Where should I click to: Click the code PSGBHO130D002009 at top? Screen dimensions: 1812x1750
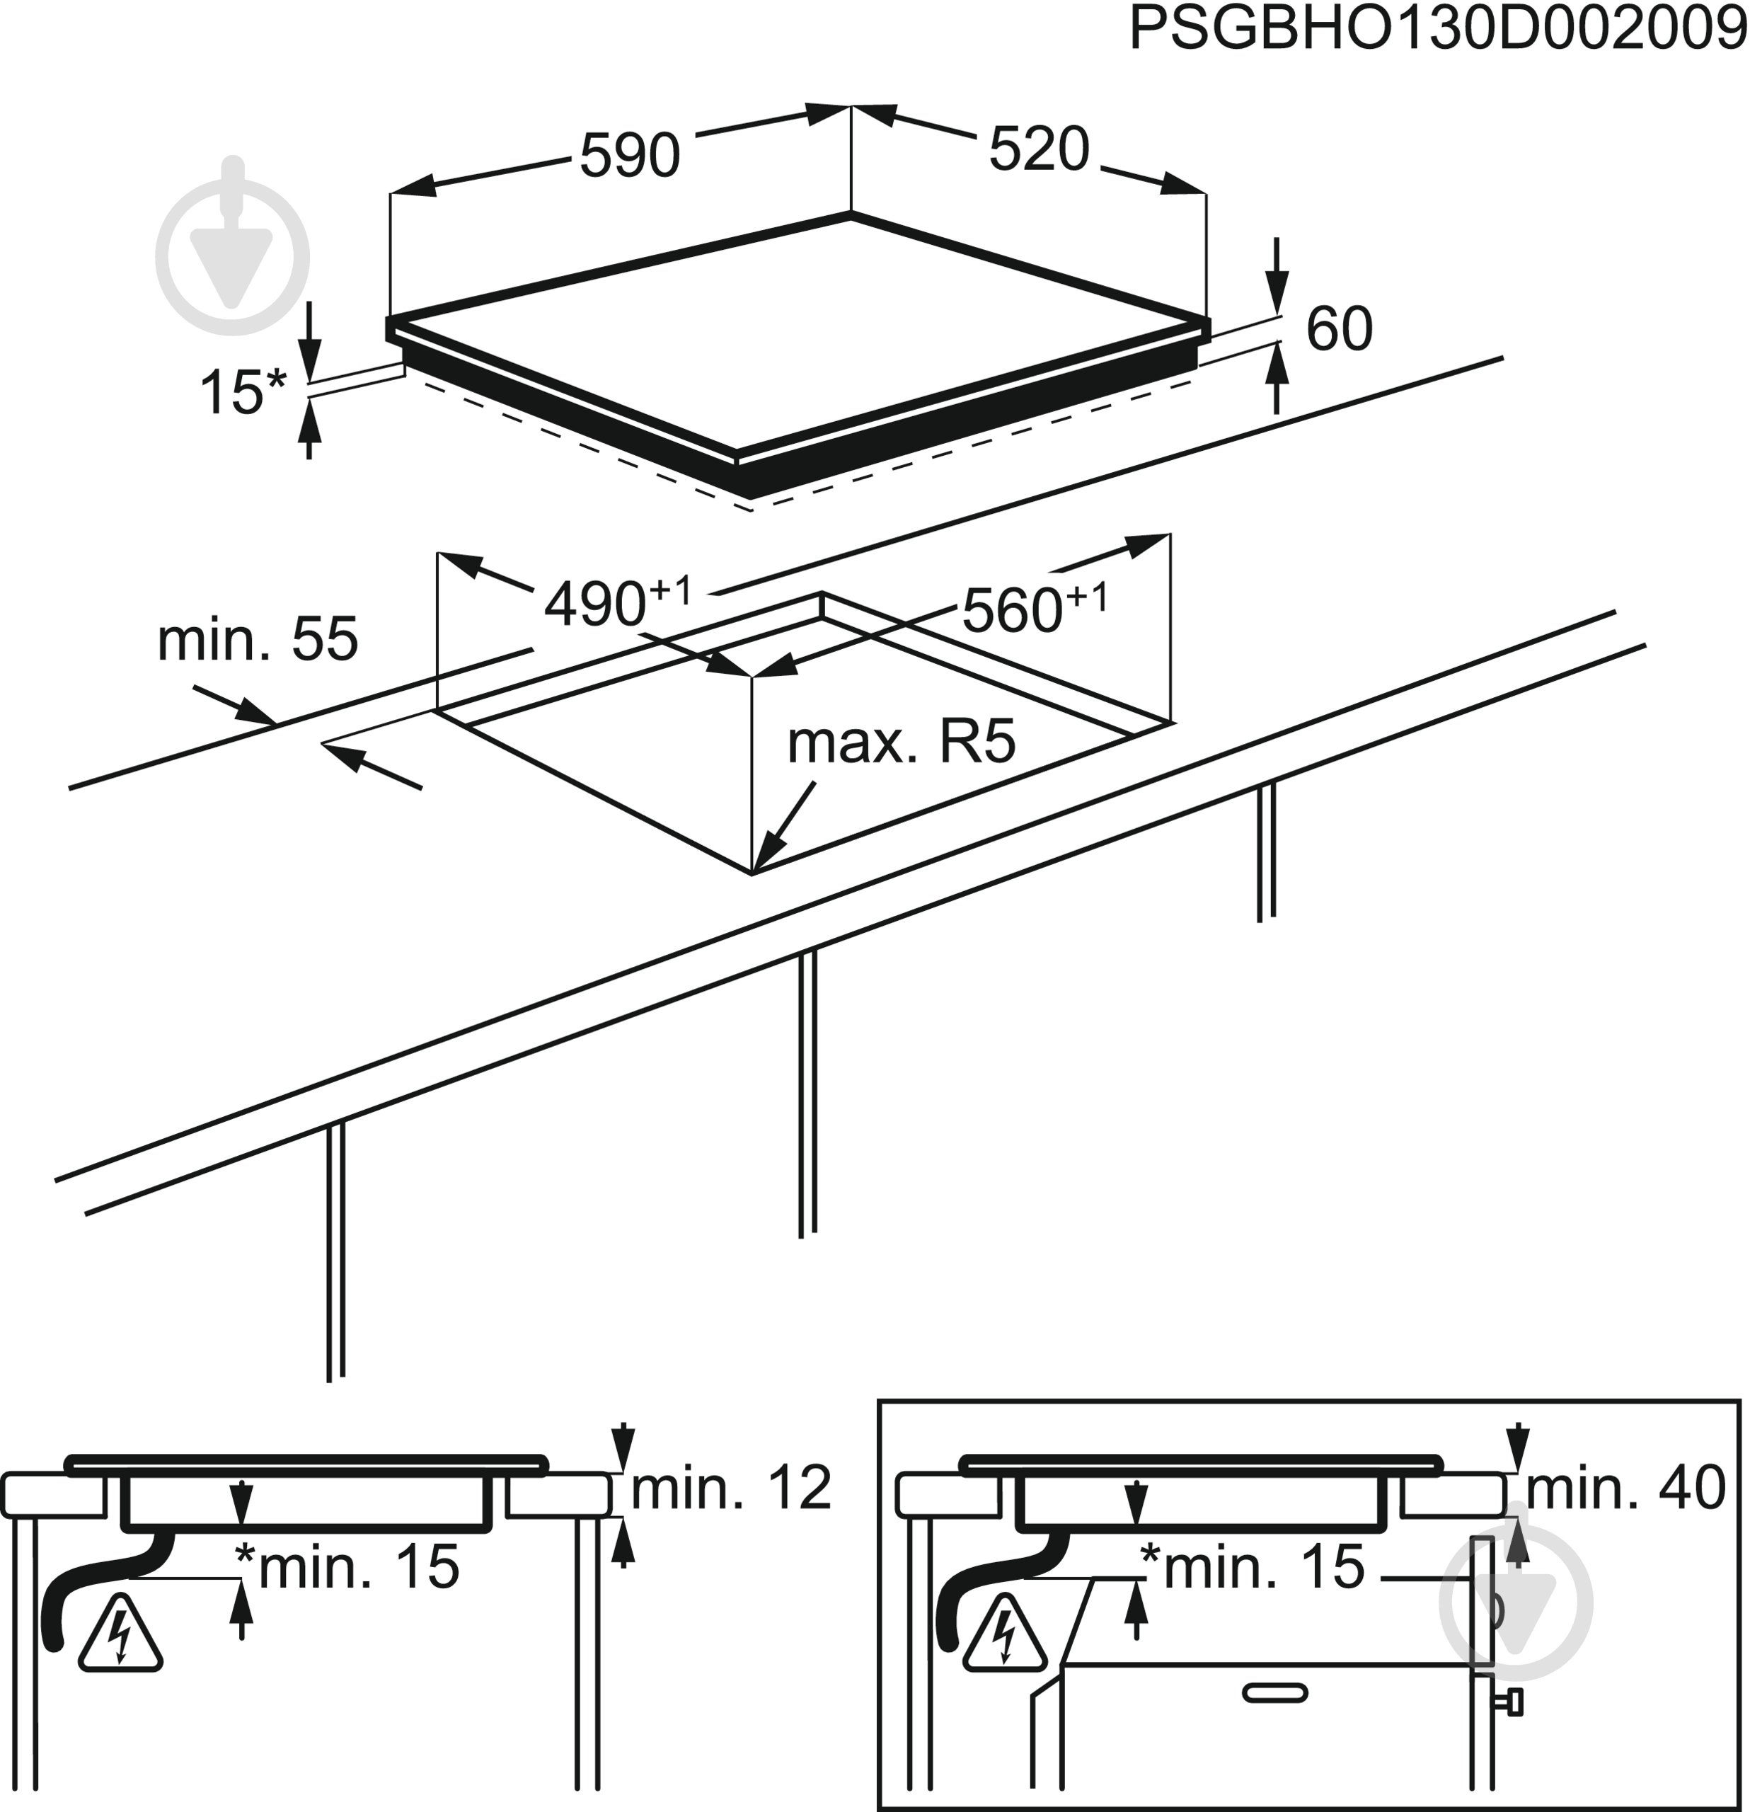pyautogui.click(x=1437, y=30)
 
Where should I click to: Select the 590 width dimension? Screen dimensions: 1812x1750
pyautogui.click(x=630, y=154)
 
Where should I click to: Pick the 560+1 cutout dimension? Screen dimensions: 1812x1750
pyautogui.click(x=1034, y=607)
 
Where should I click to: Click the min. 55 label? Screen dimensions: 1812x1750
pyautogui.click(x=257, y=639)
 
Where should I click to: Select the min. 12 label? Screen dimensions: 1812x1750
pyautogui.click(x=730, y=1488)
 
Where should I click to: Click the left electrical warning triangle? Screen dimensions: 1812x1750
pyautogui.click(x=120, y=1638)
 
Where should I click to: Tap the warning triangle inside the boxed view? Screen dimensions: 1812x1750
pyautogui.click(x=1006, y=1638)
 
